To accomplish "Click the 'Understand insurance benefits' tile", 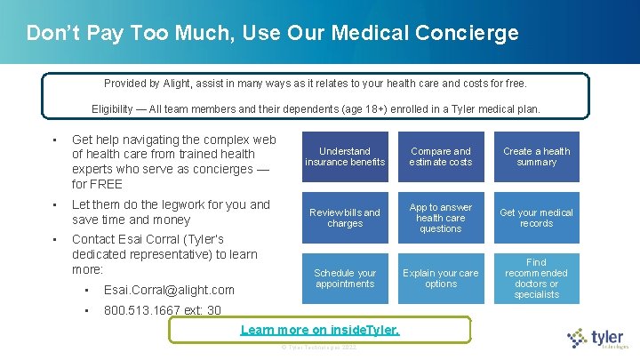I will [x=345, y=156].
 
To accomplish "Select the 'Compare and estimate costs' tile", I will [x=441, y=156].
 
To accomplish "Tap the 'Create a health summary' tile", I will [x=536, y=156].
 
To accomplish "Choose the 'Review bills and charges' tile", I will [x=345, y=218].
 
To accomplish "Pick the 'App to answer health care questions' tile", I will [x=441, y=218].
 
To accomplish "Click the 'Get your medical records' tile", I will [x=536, y=218].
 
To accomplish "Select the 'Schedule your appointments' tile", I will [x=345, y=278].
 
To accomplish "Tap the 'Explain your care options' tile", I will [x=441, y=278].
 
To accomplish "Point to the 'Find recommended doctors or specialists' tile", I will [x=536, y=278].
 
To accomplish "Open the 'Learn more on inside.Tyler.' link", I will [x=320, y=331].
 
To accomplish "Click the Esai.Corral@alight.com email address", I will [x=169, y=290].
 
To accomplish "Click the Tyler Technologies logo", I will [x=598, y=338].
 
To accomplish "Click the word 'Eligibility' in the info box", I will [x=113, y=109].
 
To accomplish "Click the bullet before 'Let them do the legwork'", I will [x=55, y=205].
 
